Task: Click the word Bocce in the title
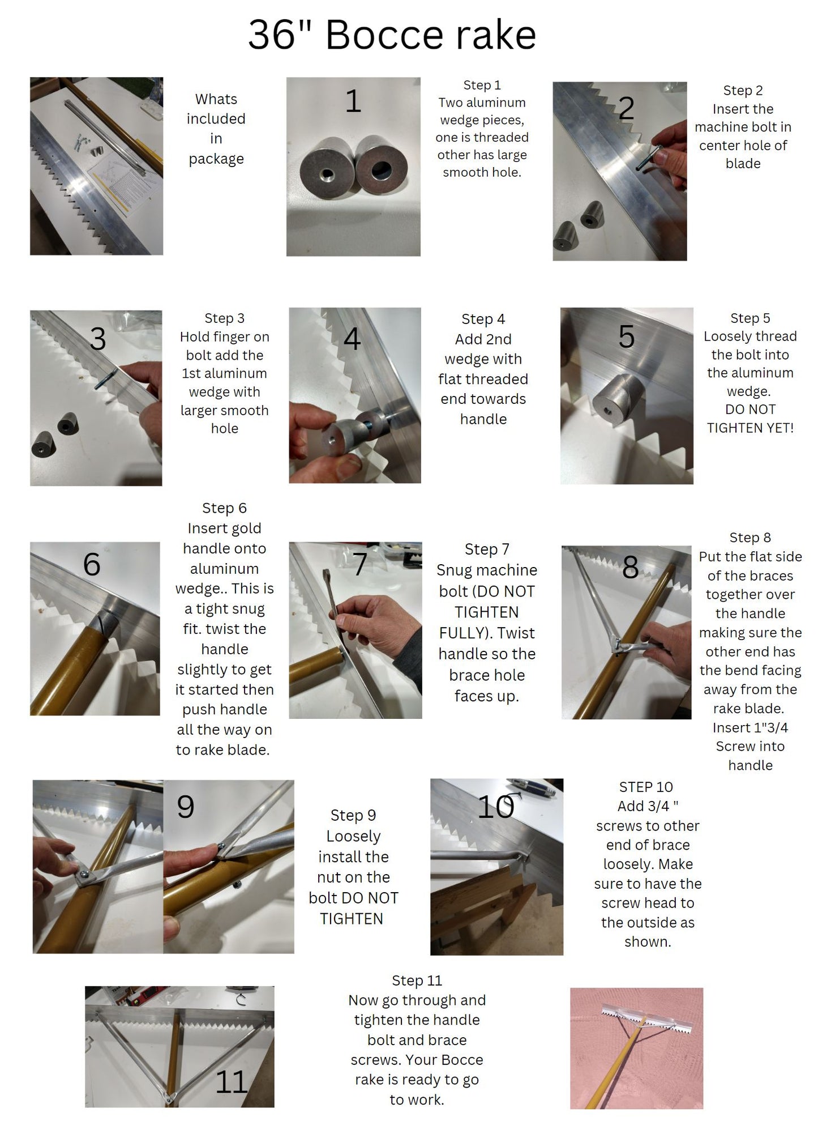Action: pos(385,35)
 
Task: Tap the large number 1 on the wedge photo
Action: pos(353,101)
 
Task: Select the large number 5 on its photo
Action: pos(627,336)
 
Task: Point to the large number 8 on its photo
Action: pos(630,567)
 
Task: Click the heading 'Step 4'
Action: pos(483,319)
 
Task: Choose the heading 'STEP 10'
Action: pos(646,787)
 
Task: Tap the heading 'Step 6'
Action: pos(224,508)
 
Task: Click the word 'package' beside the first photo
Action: pos(216,159)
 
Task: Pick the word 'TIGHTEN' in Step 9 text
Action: pos(352,918)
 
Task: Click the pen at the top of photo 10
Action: pos(531,787)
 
